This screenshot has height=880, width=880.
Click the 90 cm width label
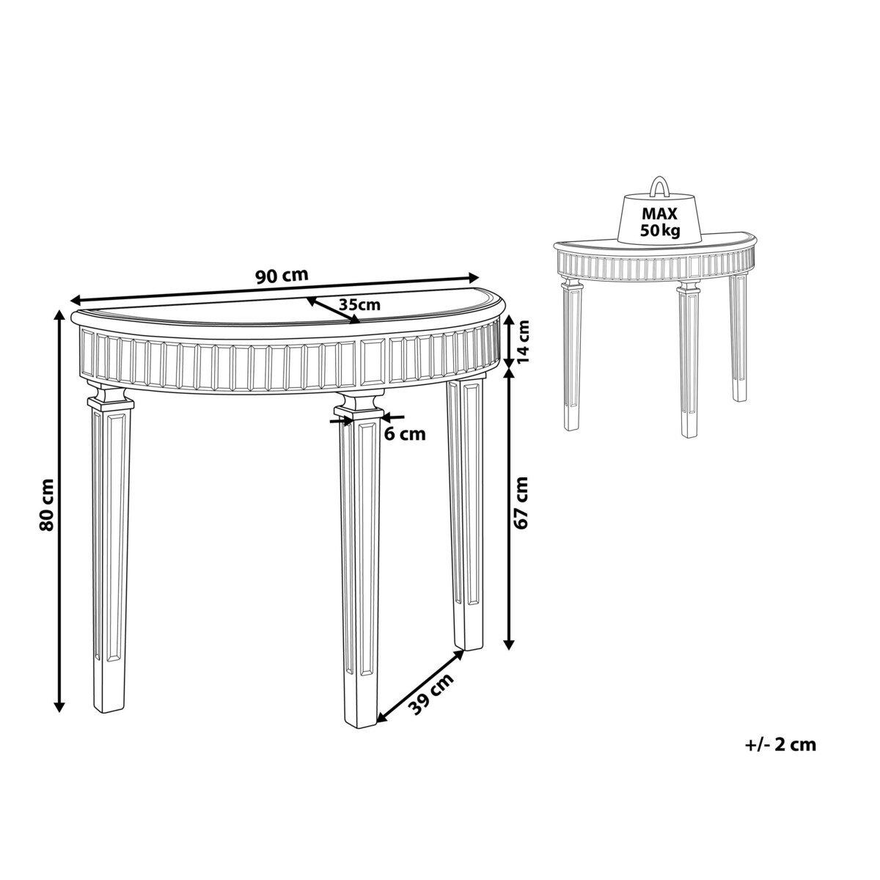coord(282,276)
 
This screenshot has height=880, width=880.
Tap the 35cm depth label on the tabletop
coord(359,304)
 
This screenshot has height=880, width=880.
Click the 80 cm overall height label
coord(46,504)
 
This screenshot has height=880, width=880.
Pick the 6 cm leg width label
coord(405,434)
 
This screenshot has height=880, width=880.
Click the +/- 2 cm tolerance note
coord(780,757)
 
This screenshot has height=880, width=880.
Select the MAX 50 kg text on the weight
coord(660,222)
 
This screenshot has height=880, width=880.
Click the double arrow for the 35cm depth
coord(333,310)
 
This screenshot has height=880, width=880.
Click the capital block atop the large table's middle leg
coord(359,405)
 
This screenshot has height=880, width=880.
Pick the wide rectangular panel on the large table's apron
coord(373,362)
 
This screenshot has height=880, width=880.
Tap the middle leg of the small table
coord(689,359)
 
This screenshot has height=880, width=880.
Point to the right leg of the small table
coord(738,338)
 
